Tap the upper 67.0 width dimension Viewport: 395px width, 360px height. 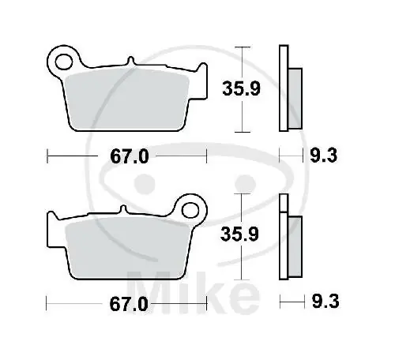pos(128,156)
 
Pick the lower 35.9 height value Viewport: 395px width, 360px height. pos(241,234)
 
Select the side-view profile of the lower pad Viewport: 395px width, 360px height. pos(287,237)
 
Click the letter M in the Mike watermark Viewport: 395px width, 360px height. pos(150,286)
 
